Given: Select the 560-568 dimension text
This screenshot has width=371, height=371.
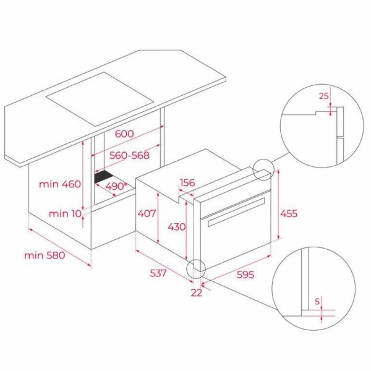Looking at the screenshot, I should tap(124, 156).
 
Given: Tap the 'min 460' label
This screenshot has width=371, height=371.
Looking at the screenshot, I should tap(60, 184).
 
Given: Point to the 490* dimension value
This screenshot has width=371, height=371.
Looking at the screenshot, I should tap(117, 186).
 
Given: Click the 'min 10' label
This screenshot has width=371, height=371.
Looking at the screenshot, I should tap(66, 214).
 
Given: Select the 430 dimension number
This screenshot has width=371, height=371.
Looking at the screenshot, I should tap(176, 227).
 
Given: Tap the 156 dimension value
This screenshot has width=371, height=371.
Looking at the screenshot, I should tap(188, 183).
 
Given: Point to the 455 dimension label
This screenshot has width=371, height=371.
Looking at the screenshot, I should tap(289, 213).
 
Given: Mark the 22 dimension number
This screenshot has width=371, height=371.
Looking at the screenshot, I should tap(196, 292).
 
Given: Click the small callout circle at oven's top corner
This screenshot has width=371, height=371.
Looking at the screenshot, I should tap(262, 169).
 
